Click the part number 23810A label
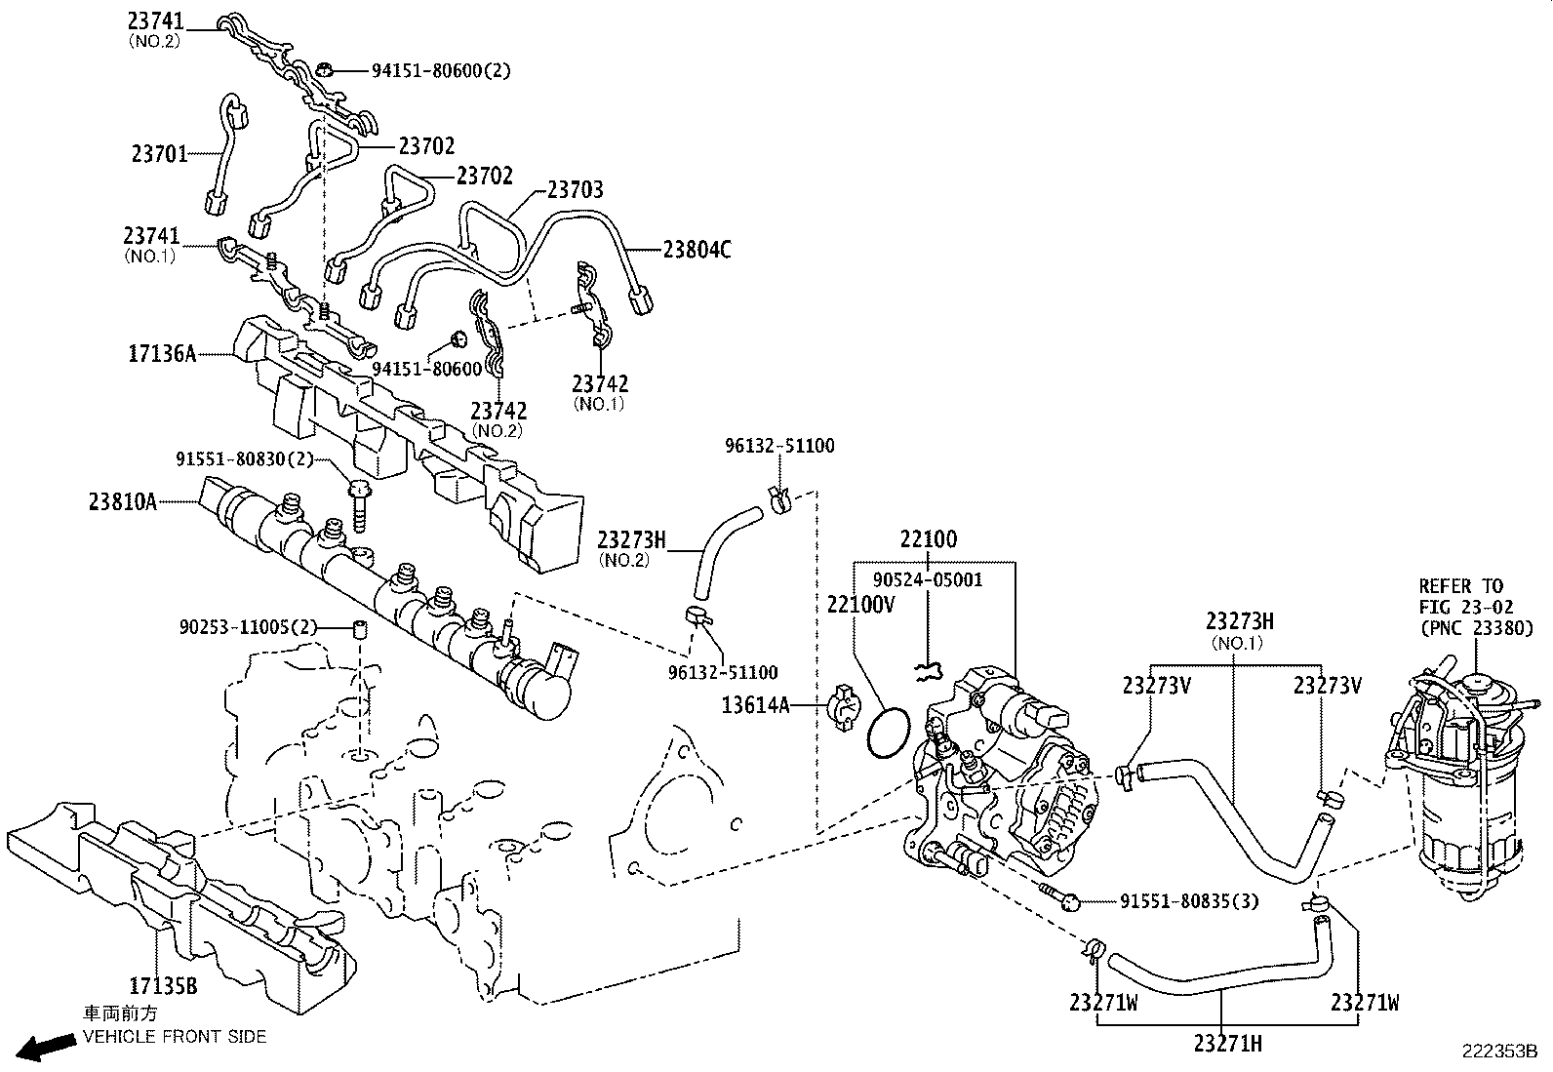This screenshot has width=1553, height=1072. point(122,501)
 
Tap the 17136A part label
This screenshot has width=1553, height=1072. point(161,352)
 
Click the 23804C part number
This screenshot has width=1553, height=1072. point(697,251)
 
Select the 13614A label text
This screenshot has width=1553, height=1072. point(755,703)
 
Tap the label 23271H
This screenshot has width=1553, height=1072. point(1227,1044)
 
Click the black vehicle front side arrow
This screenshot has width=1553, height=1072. point(47,1048)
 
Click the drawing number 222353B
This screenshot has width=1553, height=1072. point(1498,1052)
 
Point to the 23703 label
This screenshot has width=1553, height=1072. point(575,190)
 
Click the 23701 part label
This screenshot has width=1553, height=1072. point(159,153)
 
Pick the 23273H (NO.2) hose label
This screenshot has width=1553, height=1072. point(631,539)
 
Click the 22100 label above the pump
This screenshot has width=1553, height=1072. point(928,539)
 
